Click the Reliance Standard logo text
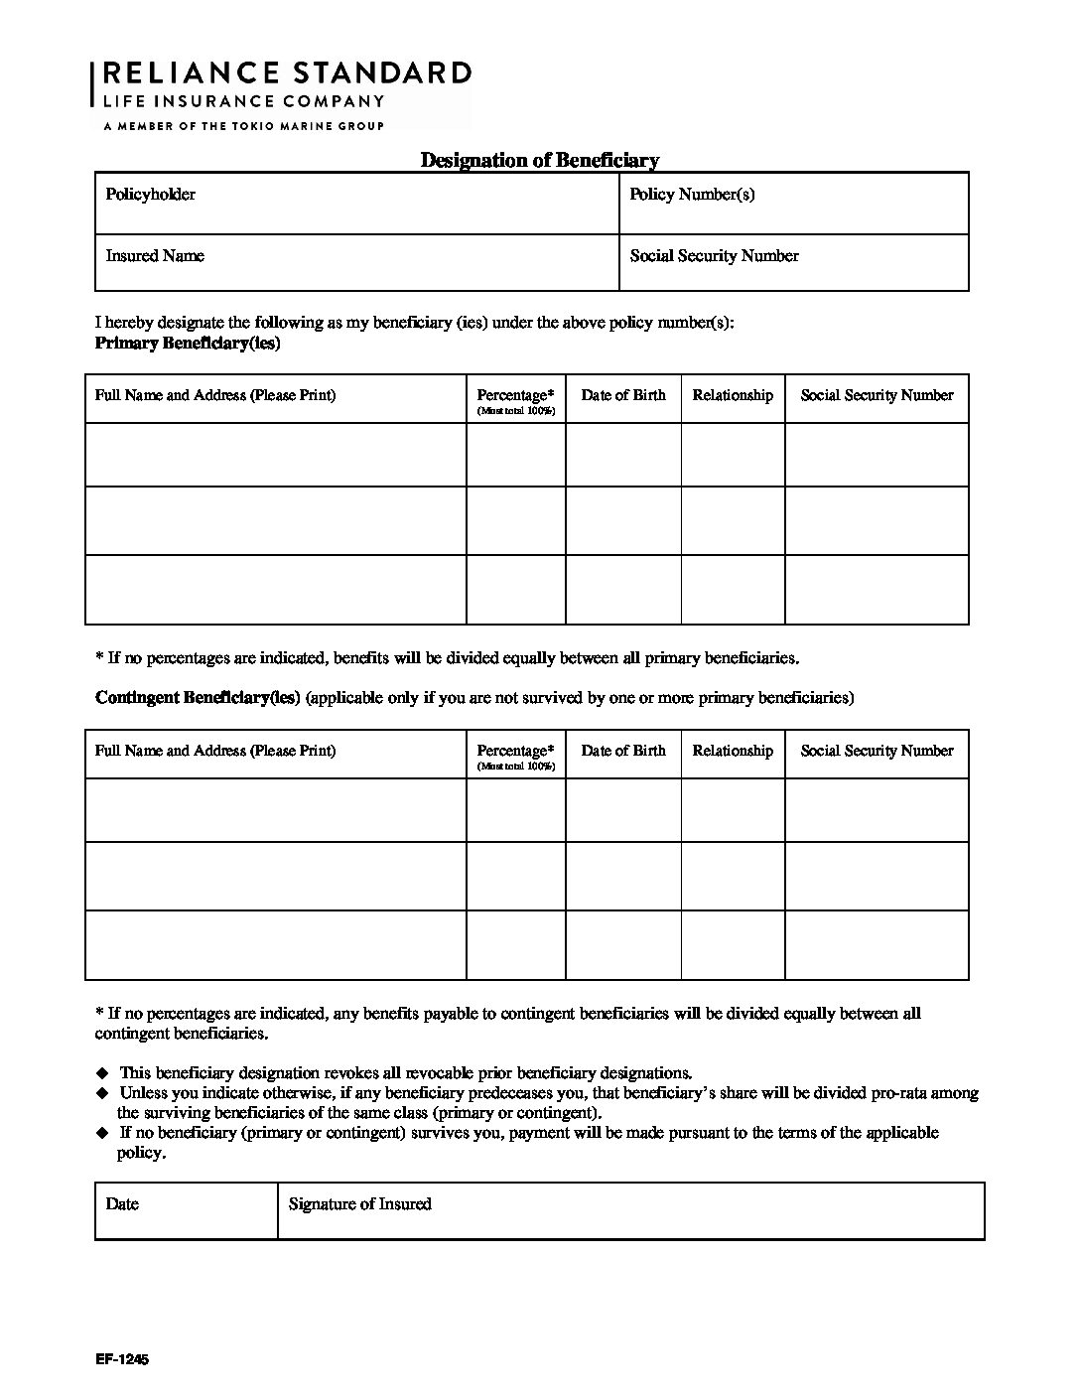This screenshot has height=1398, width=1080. [287, 73]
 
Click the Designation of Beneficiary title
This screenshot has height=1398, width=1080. [539, 160]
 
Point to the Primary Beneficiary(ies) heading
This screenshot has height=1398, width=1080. [188, 344]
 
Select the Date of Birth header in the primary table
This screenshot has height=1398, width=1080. [623, 395]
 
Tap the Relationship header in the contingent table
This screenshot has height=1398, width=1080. [733, 751]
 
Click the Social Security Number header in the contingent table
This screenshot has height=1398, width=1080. [877, 751]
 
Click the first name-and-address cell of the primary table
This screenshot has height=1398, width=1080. [276, 455]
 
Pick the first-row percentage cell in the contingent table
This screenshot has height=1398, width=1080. [516, 810]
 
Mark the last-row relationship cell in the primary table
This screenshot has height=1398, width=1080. [733, 589]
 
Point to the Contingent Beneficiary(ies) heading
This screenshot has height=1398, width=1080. [198, 697]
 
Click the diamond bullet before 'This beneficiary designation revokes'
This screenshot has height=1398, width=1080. [101, 1073]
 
